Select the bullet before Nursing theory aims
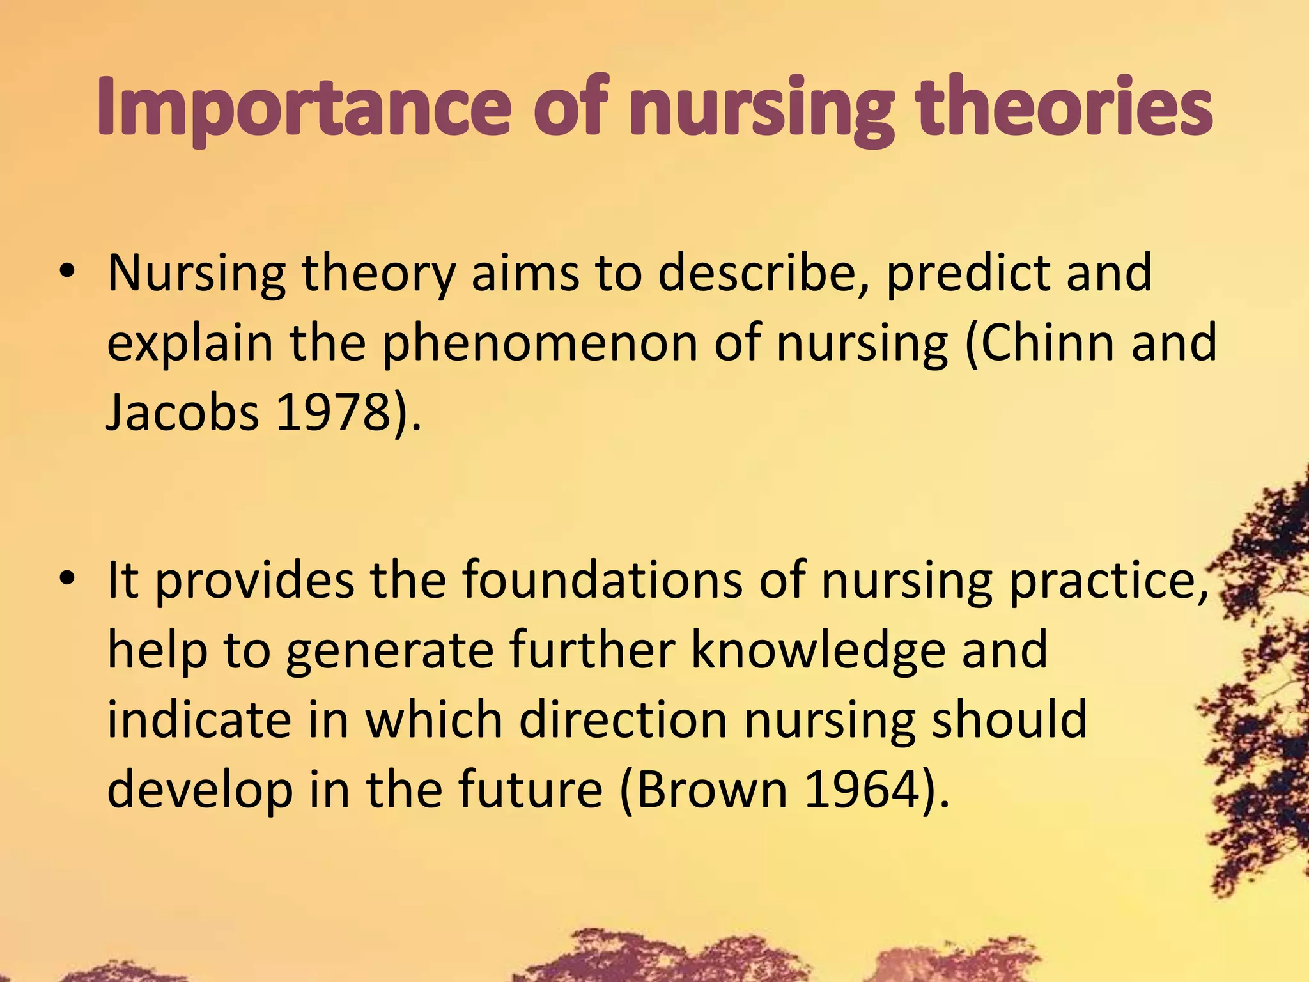[x=66, y=273]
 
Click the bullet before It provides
[x=66, y=580]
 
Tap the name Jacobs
[x=182, y=412]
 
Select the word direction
[x=623, y=719]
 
